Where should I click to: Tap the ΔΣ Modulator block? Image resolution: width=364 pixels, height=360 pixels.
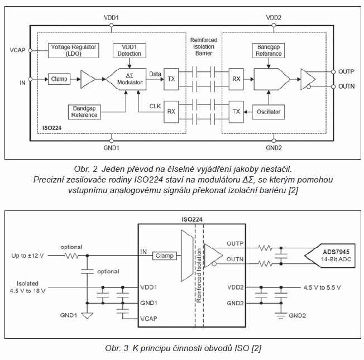[128, 79]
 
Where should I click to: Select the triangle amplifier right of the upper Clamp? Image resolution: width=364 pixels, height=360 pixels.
[88, 79]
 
